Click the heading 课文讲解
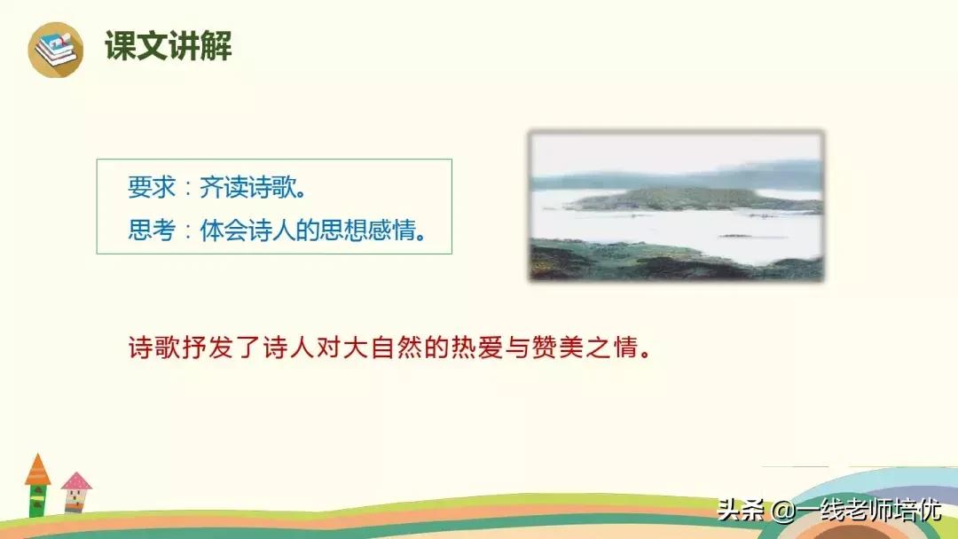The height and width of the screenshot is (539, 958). [x=169, y=46]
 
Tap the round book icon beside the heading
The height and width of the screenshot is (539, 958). [x=55, y=50]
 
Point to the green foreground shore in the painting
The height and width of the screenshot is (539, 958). [x=674, y=261]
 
